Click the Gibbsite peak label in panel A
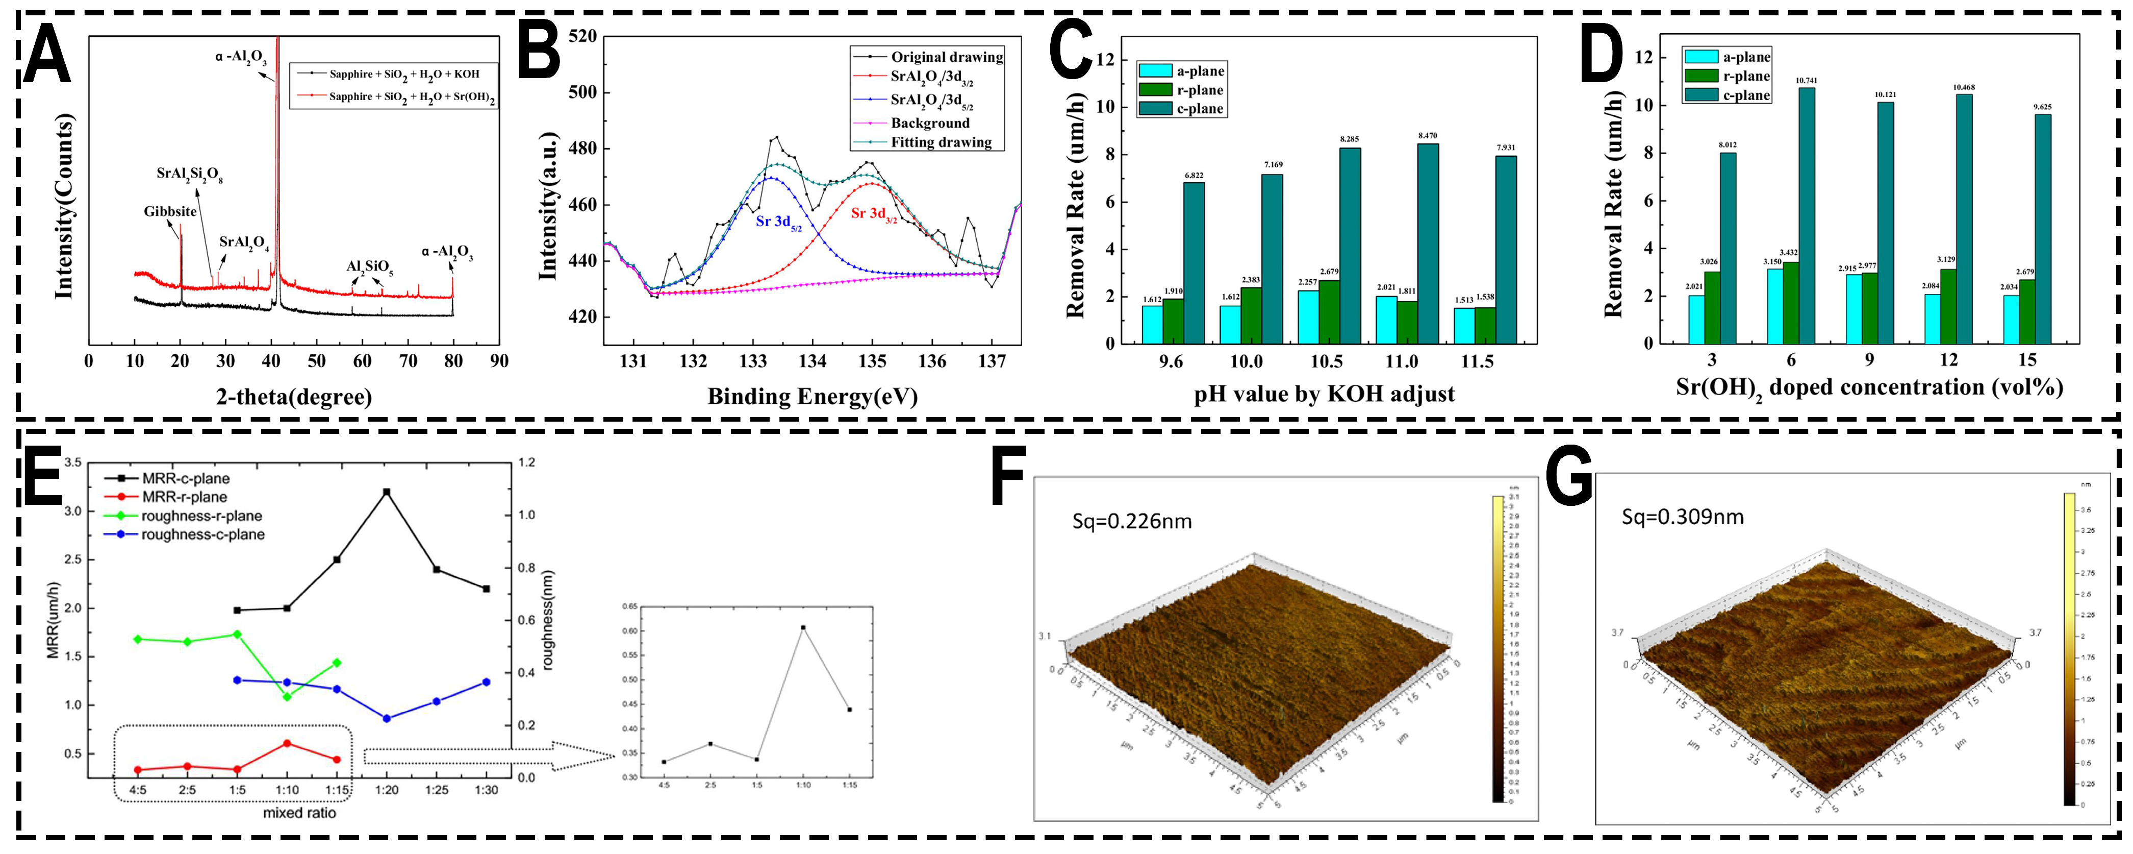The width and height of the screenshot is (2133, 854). tap(170, 211)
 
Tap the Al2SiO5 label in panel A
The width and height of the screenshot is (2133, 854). tap(369, 267)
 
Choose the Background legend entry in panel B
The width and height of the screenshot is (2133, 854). tap(929, 123)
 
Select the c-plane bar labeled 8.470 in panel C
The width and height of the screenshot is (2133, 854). tap(1428, 243)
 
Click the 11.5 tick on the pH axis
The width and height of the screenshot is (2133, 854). tap(1477, 361)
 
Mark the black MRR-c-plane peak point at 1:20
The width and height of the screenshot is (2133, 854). tap(387, 492)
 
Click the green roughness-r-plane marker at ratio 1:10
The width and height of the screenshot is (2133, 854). tap(287, 697)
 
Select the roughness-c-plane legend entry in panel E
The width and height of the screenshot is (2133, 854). tap(202, 534)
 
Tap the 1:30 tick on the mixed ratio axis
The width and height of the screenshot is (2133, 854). tap(486, 789)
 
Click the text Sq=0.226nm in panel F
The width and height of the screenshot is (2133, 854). tap(1131, 521)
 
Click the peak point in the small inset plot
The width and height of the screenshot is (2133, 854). tap(802, 627)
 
